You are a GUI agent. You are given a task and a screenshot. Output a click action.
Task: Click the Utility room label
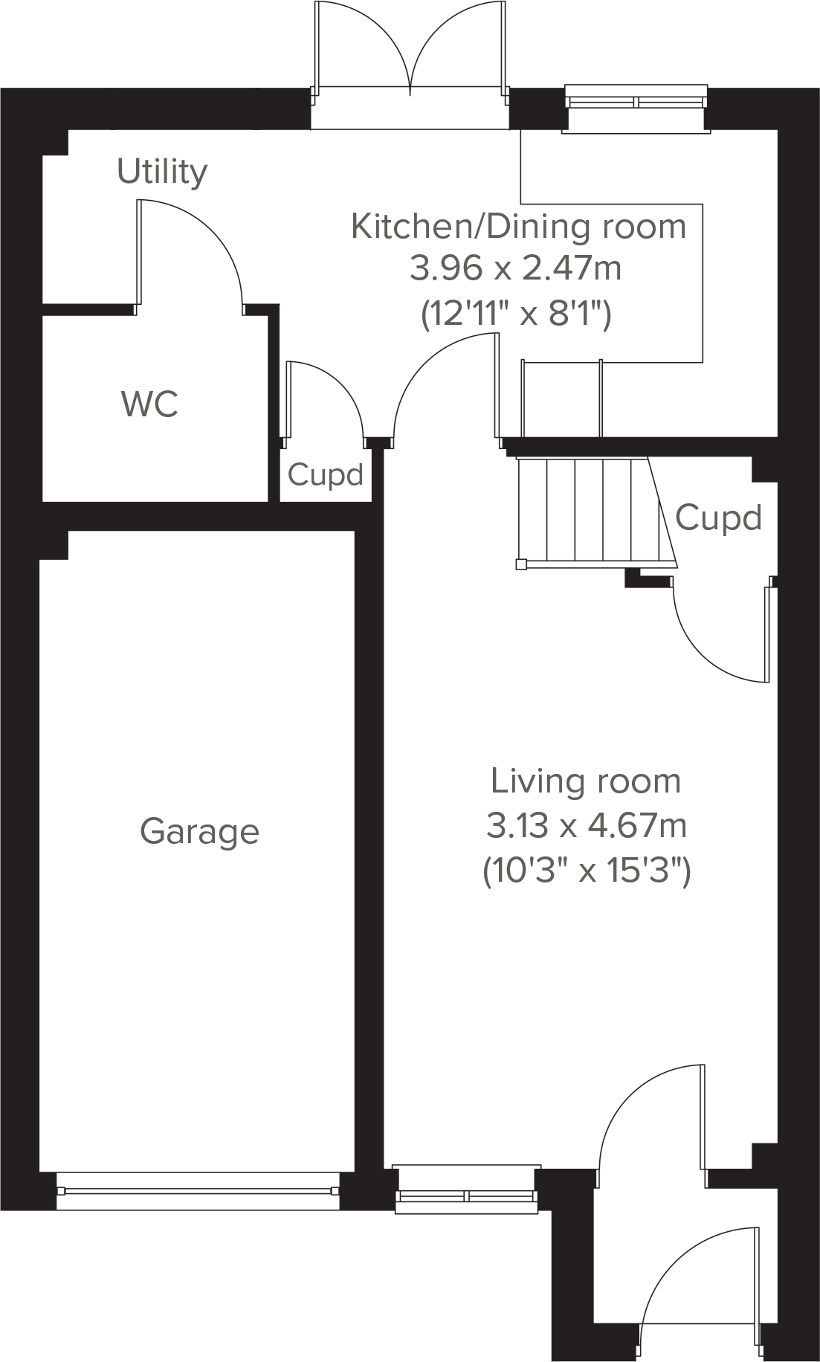[162, 172]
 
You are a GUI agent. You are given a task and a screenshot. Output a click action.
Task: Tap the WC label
[149, 404]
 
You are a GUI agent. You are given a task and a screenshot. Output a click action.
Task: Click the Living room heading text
[585, 781]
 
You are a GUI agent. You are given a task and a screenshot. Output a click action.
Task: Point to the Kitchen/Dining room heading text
[518, 226]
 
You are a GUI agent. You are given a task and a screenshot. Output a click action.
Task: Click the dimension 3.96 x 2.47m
[515, 268]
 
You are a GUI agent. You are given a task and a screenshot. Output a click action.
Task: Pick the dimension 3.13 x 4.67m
[586, 825]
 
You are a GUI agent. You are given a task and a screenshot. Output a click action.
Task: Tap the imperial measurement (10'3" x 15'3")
[587, 869]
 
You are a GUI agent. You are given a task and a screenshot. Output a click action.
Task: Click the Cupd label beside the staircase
[718, 517]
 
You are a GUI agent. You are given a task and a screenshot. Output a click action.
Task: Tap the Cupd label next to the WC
[325, 474]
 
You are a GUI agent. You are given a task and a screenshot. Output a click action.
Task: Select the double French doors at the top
[410, 52]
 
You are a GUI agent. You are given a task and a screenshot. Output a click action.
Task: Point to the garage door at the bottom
[198, 1190]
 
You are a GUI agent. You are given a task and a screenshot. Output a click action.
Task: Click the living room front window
[466, 1195]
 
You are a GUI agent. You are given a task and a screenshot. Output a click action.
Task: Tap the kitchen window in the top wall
[636, 102]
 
